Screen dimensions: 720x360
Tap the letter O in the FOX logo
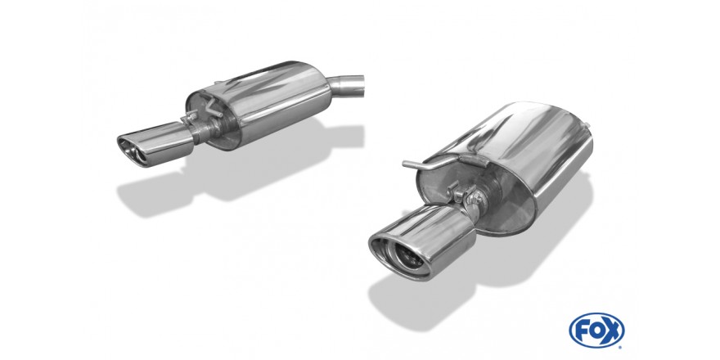596,331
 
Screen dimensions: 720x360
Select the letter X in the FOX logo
612,331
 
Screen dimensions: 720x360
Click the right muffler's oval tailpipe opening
400,257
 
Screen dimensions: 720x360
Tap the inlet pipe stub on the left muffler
347,86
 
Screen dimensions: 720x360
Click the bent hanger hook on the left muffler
212,107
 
